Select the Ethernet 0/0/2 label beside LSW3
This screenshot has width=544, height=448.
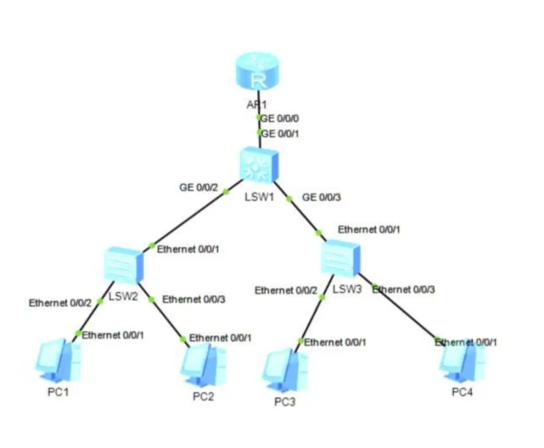[x=286, y=290]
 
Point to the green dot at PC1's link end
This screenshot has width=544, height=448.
[x=78, y=333]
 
